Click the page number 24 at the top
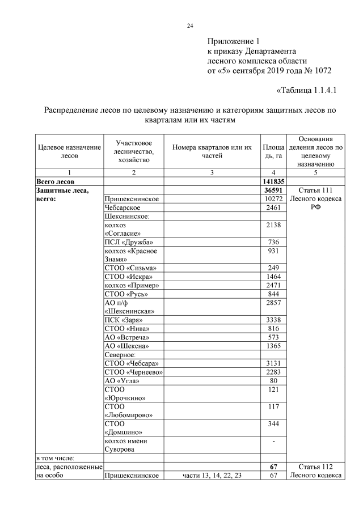tap(191, 26)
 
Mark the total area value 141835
tap(273, 181)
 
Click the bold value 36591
tap(273, 190)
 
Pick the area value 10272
tap(273, 199)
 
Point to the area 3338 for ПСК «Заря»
tap(273, 320)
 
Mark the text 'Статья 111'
tap(315, 190)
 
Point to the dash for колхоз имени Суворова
tap(273, 440)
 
